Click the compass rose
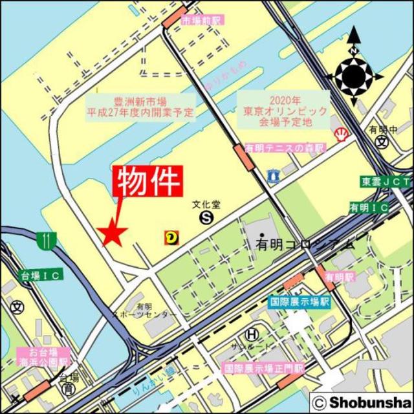354,76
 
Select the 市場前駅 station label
201,20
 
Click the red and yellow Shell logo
339,135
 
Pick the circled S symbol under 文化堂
206,219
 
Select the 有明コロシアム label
305,244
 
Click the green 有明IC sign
369,208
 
